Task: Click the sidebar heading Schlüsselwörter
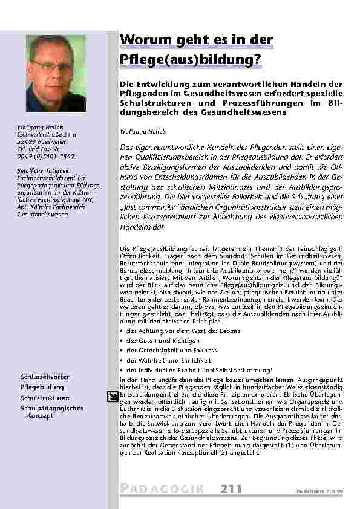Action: (44, 377)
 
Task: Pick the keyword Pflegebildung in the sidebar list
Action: (42, 387)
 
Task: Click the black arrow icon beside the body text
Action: (113, 396)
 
